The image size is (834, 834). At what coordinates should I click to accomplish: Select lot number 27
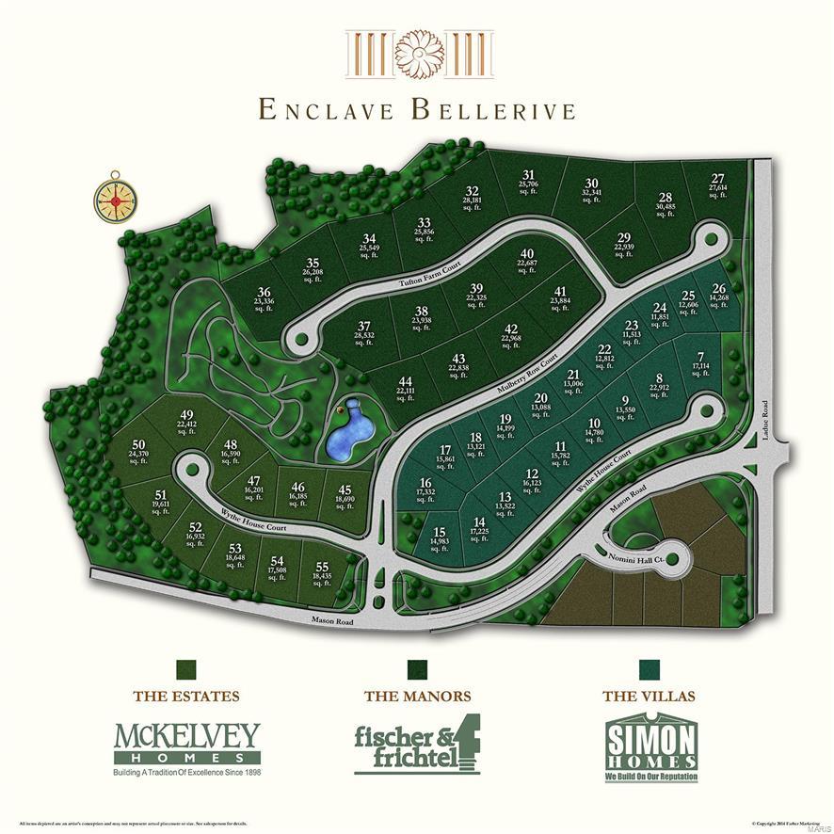coord(718,184)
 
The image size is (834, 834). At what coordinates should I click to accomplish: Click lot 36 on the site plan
coord(265,297)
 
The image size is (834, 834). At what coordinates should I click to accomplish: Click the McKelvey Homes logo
coord(186,749)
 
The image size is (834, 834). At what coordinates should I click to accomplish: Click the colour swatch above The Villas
coord(649,668)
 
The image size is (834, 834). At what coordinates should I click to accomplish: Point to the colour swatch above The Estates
coord(186,668)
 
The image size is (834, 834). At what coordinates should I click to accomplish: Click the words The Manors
coord(417,697)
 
